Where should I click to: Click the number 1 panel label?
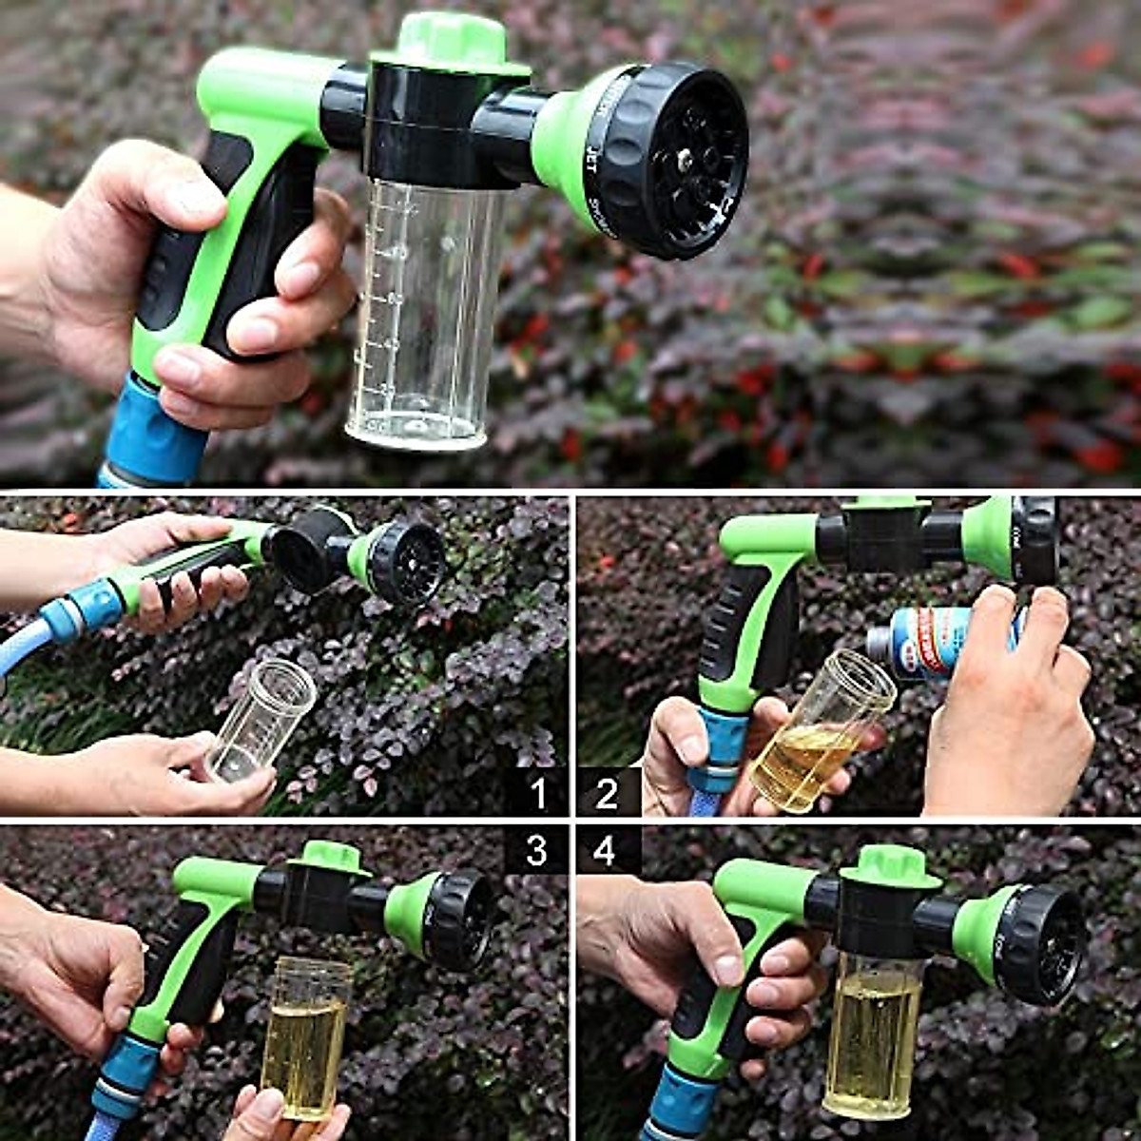538,792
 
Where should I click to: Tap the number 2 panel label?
607,792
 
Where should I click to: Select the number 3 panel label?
536,850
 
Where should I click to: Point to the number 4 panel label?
606,850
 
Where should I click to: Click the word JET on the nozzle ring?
591,153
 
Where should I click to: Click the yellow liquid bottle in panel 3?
305,1036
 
